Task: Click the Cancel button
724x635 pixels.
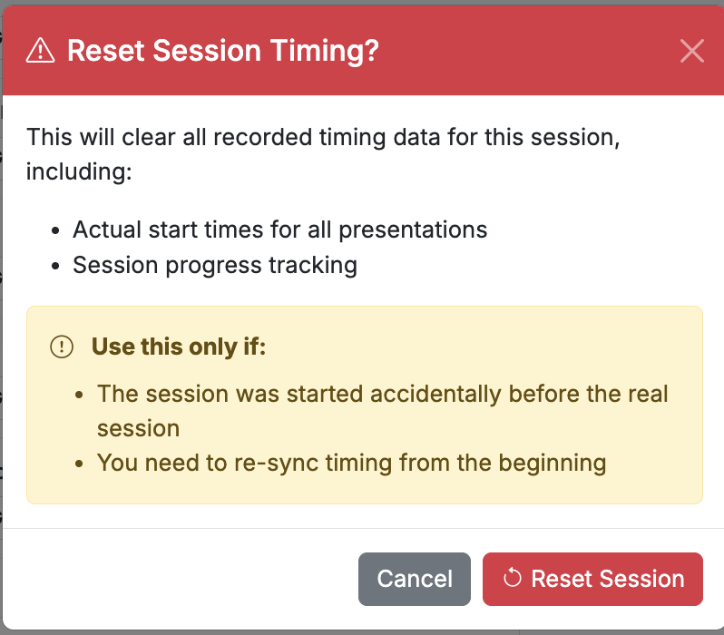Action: point(415,579)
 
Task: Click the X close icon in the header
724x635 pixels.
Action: point(691,50)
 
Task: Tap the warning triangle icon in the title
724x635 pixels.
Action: point(40,50)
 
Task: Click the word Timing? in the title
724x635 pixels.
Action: point(325,50)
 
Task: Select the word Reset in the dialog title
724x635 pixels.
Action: point(106,50)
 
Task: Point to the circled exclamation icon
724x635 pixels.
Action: point(62,347)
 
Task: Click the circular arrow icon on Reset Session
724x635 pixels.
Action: point(512,578)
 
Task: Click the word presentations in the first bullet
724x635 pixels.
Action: point(413,230)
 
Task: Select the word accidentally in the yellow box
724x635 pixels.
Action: point(435,394)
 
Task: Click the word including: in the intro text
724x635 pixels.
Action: point(79,171)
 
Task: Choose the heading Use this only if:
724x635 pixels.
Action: point(179,347)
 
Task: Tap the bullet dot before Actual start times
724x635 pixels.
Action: point(56,230)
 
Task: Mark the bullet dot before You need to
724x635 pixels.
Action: point(80,464)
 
